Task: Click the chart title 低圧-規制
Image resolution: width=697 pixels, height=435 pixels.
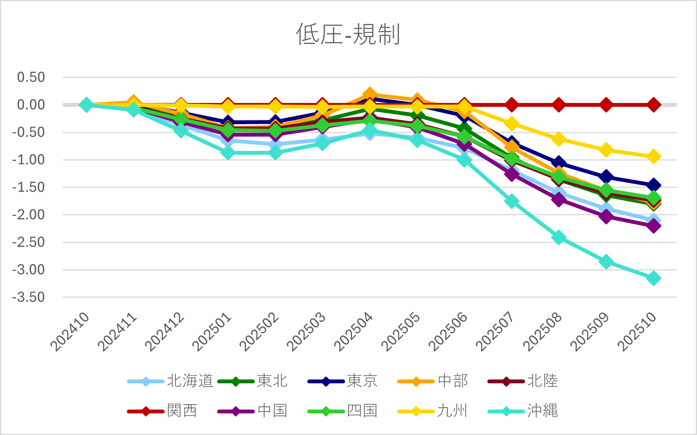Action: [x=348, y=34]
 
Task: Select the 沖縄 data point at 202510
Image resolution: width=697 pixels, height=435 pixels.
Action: [x=653, y=278]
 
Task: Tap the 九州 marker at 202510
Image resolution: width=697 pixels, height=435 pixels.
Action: [x=653, y=157]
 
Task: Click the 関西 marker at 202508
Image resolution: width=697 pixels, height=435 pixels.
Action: [x=559, y=105]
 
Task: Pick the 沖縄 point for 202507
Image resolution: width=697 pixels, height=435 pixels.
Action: [x=512, y=201]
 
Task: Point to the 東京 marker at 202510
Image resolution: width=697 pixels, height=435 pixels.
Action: [x=653, y=185]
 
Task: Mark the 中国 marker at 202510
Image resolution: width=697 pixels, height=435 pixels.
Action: [x=653, y=226]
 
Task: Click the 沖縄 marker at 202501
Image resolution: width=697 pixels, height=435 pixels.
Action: [x=228, y=153]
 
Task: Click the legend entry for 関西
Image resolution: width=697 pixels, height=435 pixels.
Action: [x=162, y=411]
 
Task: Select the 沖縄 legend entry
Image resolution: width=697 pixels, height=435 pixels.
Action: [x=523, y=411]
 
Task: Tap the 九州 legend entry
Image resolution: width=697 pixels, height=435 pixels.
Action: [x=432, y=411]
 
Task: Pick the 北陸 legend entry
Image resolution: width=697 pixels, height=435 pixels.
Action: [x=523, y=381]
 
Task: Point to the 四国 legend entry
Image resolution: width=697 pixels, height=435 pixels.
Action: [x=342, y=411]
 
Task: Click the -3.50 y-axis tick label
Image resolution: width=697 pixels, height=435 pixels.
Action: [x=29, y=297]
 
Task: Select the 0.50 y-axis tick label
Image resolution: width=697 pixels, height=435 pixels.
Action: [x=31, y=77]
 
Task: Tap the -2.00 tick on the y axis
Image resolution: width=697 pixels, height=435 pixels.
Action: [x=29, y=215]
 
